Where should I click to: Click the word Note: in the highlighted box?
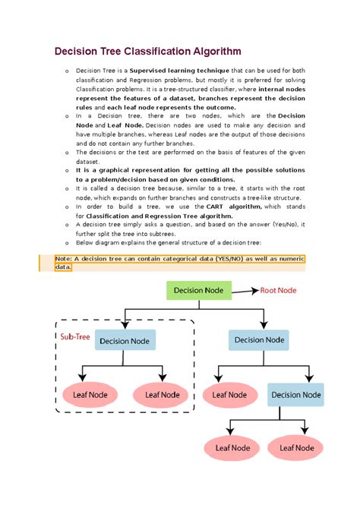(63, 259)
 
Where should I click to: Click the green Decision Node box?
(199, 290)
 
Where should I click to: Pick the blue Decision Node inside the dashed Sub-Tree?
(125, 340)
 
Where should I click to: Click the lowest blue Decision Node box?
(296, 394)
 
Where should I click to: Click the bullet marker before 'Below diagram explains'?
(66, 243)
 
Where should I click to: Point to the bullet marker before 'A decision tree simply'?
(66, 225)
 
